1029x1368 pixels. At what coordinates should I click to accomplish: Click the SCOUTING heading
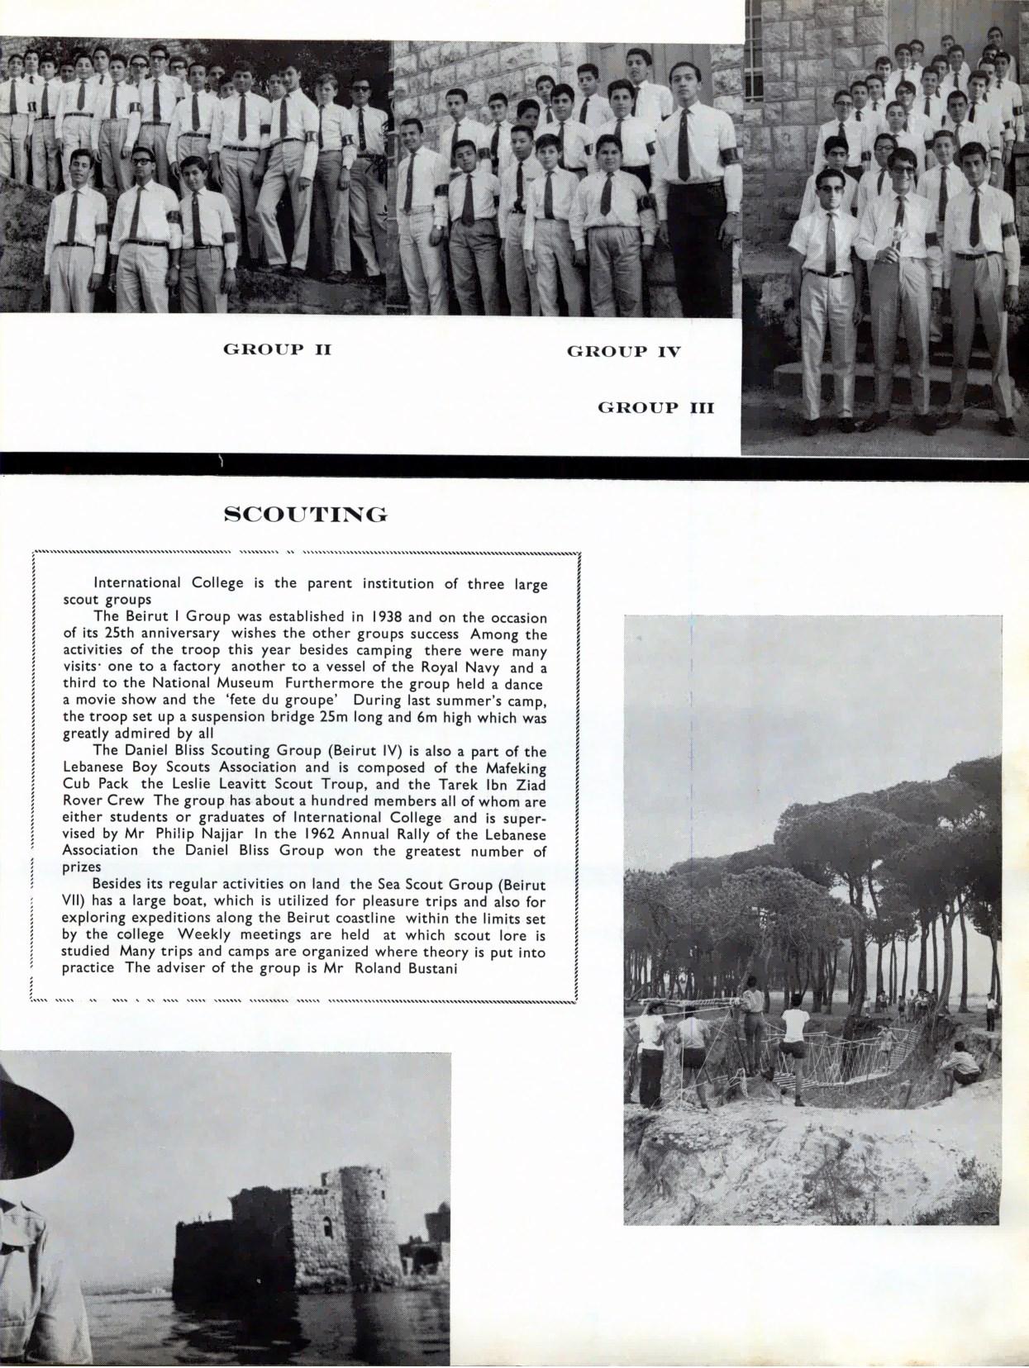[x=306, y=515]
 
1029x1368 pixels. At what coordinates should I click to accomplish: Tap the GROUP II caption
[x=277, y=349]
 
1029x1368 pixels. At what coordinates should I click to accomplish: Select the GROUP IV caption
[x=623, y=352]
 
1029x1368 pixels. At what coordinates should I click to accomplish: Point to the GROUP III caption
[x=655, y=407]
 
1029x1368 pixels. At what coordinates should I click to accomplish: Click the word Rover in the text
[x=81, y=800]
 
